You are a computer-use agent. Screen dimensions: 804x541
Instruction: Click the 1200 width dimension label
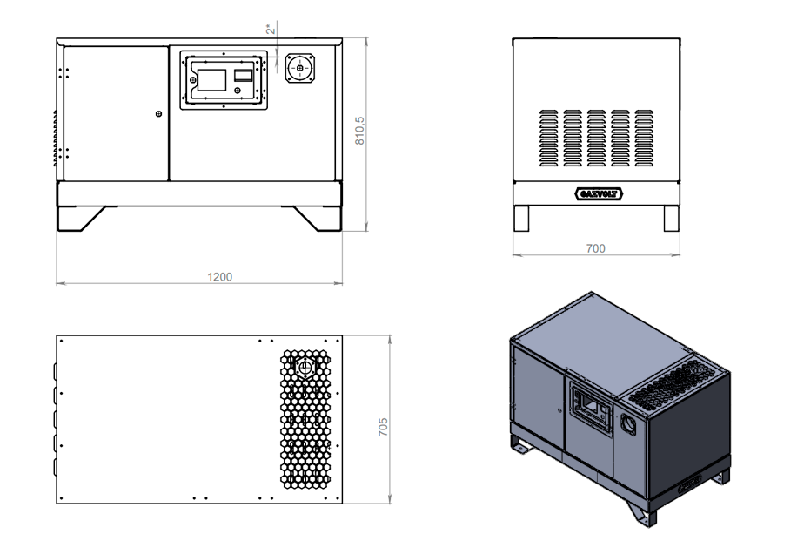pos(219,277)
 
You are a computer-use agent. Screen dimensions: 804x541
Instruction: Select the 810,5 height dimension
pos(359,131)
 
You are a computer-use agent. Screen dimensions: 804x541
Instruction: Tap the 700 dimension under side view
pos(595,248)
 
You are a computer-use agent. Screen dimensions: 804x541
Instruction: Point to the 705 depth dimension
pos(383,427)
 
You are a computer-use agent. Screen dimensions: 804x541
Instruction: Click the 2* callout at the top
pos(271,30)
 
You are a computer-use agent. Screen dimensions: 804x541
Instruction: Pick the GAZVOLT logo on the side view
pos(599,194)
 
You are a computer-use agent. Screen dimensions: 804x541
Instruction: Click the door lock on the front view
pos(158,113)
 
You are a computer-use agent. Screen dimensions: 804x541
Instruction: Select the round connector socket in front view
pos(300,68)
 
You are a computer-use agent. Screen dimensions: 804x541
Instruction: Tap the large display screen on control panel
pos(211,80)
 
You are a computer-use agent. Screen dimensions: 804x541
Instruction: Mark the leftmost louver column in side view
pos(549,138)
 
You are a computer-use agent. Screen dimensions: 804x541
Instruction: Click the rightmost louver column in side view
pos(644,138)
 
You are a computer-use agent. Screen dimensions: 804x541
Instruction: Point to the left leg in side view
pos(521,218)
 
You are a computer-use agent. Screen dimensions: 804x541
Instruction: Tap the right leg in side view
pos(671,218)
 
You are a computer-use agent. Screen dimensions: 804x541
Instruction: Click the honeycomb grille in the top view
pos(305,419)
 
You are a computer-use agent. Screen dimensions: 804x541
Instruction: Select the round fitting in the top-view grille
pos(305,368)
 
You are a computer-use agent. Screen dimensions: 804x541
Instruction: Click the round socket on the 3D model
pos(628,424)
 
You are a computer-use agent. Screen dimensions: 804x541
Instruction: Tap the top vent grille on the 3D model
pos(673,384)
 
